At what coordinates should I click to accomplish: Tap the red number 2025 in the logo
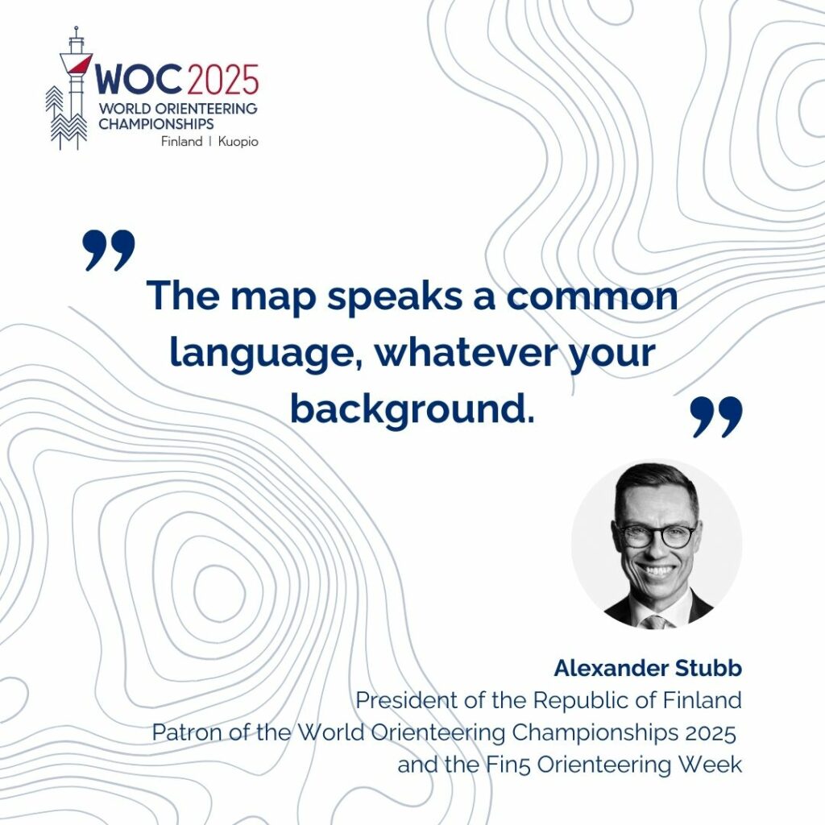[x=222, y=80]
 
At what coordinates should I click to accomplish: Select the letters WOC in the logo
[x=139, y=80]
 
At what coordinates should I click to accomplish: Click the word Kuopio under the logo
[x=238, y=142]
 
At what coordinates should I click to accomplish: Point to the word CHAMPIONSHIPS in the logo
[x=156, y=124]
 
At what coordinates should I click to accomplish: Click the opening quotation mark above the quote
[x=109, y=250]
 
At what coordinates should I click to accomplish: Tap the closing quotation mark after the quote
[x=716, y=417]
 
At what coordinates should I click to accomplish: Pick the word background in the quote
[x=412, y=408]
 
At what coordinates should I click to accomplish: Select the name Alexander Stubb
[x=648, y=668]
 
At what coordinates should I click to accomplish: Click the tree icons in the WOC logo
[x=65, y=118]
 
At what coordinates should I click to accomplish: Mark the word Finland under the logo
[x=182, y=142]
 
